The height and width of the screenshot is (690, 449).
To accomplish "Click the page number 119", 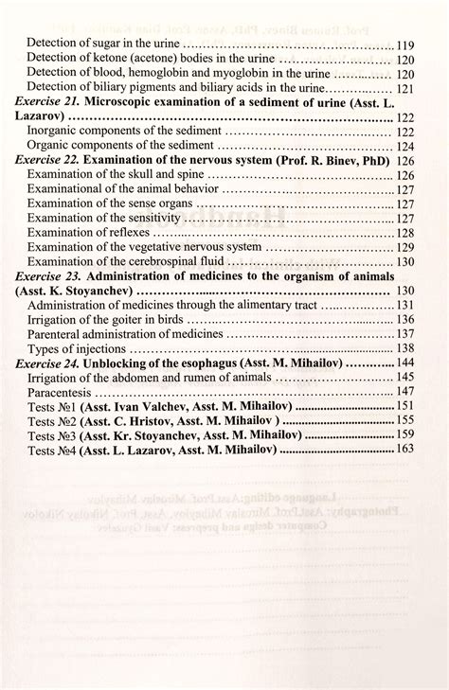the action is point(406,44).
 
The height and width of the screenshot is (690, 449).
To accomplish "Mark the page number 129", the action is point(405,247).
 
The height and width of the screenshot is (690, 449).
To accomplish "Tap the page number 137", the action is point(405,334).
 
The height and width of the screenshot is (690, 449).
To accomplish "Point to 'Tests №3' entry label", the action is point(53,435).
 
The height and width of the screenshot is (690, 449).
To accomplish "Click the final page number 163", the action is point(405,449).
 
